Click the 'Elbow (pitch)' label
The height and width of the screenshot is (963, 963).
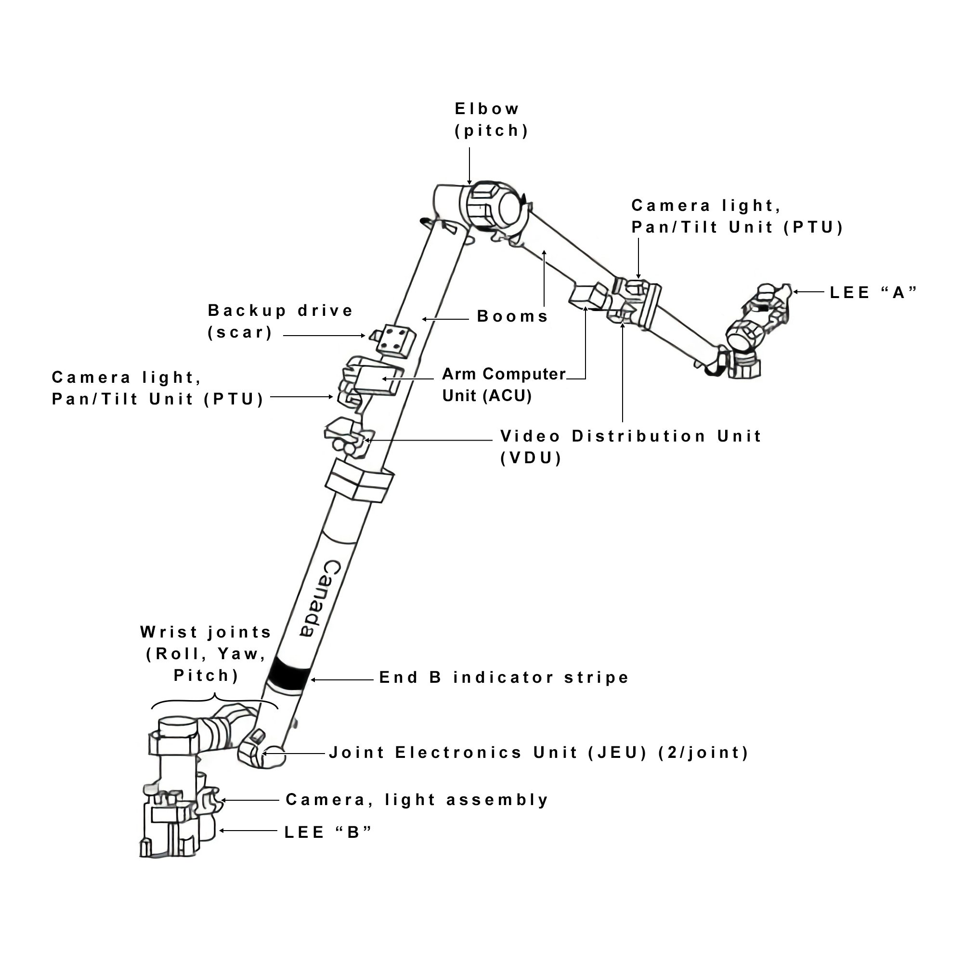click(x=491, y=119)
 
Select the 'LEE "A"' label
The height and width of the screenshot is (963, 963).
click(x=873, y=293)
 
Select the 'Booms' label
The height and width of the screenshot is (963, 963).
click(x=512, y=316)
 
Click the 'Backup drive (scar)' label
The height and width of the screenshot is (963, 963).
click(x=280, y=322)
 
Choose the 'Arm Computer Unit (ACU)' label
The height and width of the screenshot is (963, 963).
click(x=504, y=385)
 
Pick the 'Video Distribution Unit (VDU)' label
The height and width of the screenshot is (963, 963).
click(x=631, y=447)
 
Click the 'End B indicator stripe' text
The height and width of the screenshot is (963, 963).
click(x=504, y=677)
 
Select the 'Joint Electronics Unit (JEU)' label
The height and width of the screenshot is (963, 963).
click(x=538, y=752)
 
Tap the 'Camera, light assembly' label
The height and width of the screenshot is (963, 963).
click(x=416, y=799)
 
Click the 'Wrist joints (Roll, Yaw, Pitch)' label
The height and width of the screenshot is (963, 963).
click(x=206, y=653)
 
